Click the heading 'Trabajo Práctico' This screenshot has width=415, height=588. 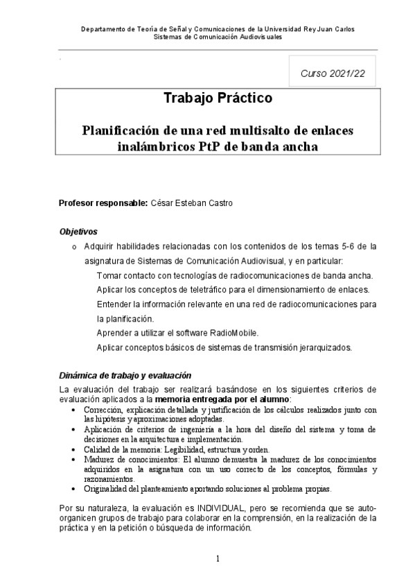(218, 98)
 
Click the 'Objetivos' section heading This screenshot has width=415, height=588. (78, 232)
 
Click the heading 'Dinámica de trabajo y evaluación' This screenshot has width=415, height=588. (125, 375)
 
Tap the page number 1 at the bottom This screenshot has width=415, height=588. (218, 558)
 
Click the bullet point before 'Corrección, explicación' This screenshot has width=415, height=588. (75, 410)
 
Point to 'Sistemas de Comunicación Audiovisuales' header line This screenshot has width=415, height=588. (218, 37)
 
